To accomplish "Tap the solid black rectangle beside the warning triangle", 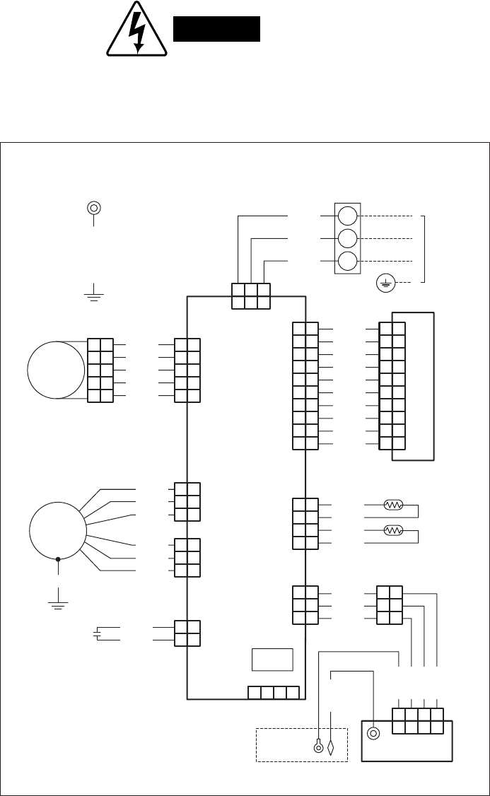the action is pyautogui.click(x=217, y=29).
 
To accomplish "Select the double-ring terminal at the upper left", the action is pyautogui.click(x=93, y=208).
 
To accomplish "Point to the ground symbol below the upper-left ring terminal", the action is pyautogui.click(x=93, y=293).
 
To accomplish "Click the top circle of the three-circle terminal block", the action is pyautogui.click(x=347, y=215).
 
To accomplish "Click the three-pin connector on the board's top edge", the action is pyautogui.click(x=251, y=295).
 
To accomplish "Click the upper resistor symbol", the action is pyautogui.click(x=392, y=505).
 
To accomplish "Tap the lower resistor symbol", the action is pyautogui.click(x=392, y=530).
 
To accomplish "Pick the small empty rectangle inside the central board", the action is pyautogui.click(x=272, y=659).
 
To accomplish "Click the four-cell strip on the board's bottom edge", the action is pyautogui.click(x=274, y=692).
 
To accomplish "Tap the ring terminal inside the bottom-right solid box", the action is pyautogui.click(x=374, y=733).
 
